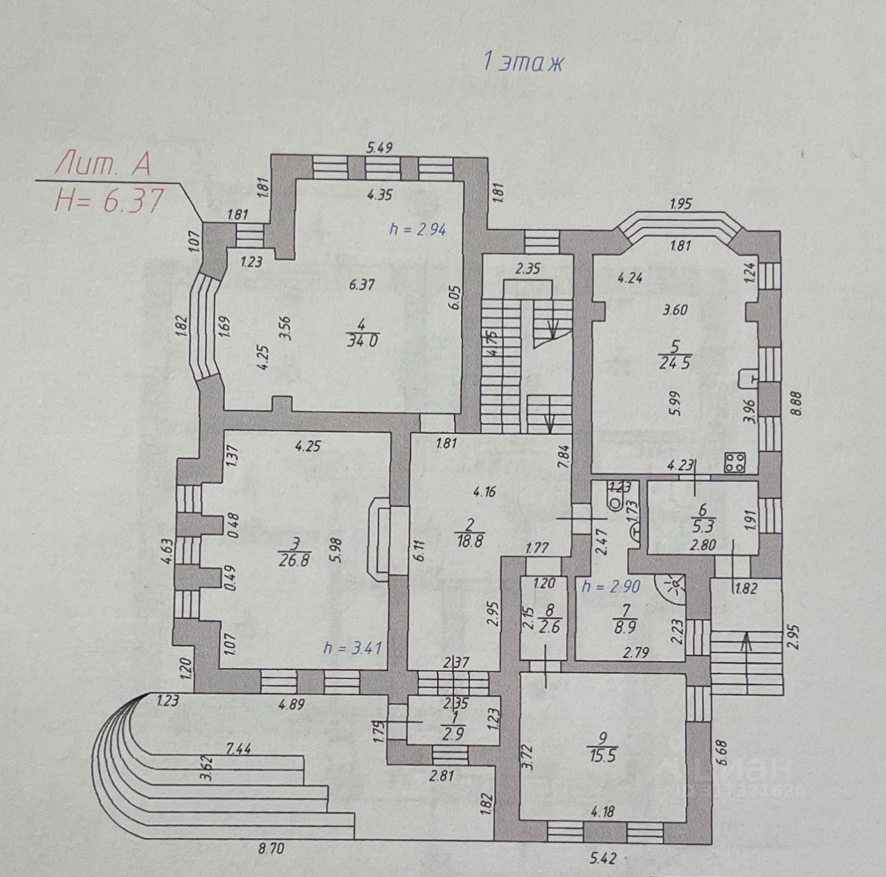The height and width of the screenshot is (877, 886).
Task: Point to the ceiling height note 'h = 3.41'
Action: [353, 648]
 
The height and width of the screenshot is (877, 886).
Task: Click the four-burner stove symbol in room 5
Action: [734, 462]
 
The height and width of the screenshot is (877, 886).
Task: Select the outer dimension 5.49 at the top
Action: [379, 146]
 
